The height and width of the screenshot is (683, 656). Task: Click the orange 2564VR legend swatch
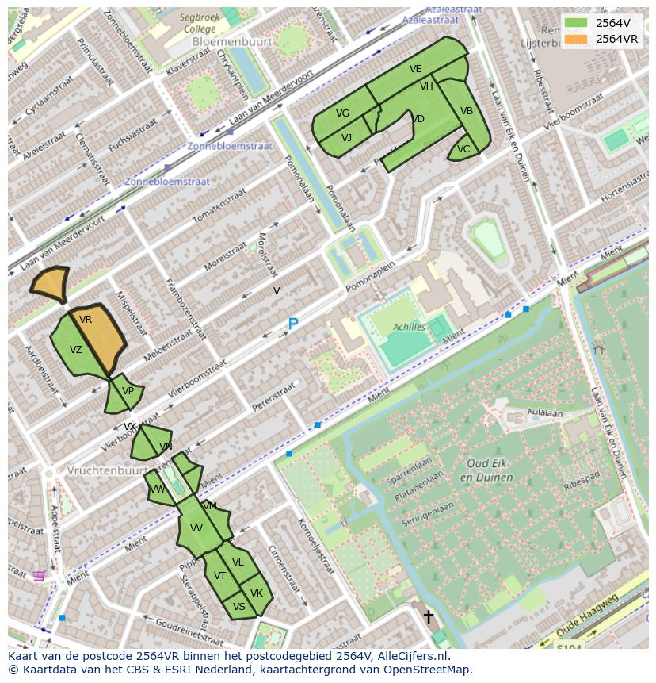coord(577,39)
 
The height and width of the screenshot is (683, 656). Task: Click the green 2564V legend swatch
coord(577,23)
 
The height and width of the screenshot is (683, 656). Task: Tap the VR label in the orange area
coord(86,320)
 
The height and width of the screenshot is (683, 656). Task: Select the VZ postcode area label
coord(76,350)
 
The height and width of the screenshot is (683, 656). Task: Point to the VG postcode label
coord(342,113)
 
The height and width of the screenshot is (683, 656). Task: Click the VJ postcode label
coord(346,138)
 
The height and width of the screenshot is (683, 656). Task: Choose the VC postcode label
coord(463,149)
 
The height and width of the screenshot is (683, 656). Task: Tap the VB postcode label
coord(467,111)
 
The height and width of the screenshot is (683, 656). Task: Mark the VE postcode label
coord(416,69)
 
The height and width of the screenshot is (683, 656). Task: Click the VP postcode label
coord(128,391)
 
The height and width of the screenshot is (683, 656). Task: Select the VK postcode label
coord(257,593)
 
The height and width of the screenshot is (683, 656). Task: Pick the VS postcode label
coord(238,607)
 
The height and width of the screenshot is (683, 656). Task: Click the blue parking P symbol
coord(292,324)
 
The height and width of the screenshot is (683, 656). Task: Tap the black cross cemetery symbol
coord(429,616)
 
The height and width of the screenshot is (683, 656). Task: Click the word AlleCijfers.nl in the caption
coord(413,656)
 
